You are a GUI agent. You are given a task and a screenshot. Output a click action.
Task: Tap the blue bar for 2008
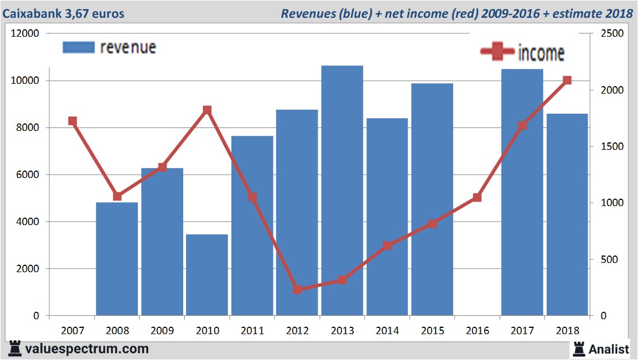(117, 258)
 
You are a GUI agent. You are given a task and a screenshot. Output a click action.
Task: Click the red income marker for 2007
(72, 121)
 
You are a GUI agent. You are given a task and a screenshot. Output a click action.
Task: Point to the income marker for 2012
(297, 289)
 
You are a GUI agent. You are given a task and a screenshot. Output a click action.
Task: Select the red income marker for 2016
(477, 198)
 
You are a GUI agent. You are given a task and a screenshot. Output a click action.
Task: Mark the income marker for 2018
(567, 80)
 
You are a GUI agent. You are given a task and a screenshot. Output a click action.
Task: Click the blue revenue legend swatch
(78, 48)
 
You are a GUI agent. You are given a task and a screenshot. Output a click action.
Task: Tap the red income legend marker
(497, 52)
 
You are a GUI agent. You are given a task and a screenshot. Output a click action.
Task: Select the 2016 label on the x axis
(477, 331)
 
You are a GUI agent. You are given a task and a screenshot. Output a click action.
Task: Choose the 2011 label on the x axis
(252, 331)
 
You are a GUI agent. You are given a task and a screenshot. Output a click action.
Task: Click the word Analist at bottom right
(609, 349)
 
